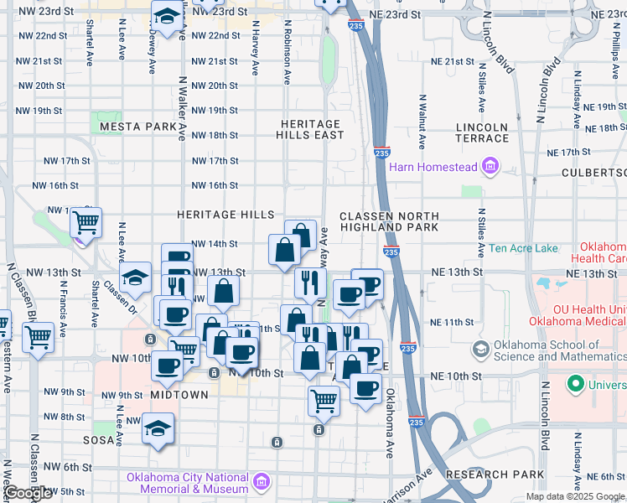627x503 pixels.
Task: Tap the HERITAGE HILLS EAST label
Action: coord(312,129)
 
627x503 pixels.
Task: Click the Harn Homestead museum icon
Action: coord(490,167)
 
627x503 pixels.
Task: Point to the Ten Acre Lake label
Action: coord(523,248)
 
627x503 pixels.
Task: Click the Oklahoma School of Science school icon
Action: coord(481,349)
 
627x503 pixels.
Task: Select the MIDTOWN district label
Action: coord(179,394)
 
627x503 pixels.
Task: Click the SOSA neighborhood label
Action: coord(98,439)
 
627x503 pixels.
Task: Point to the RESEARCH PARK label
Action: coord(489,474)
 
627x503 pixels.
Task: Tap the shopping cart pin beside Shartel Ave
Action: coord(85,223)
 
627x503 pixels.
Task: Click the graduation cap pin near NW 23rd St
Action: coord(168,17)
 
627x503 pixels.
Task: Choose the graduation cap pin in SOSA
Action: coord(158,429)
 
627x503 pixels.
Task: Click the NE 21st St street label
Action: coord(453,62)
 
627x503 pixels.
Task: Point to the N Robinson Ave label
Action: coord(288,53)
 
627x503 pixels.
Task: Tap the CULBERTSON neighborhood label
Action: coord(596,172)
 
